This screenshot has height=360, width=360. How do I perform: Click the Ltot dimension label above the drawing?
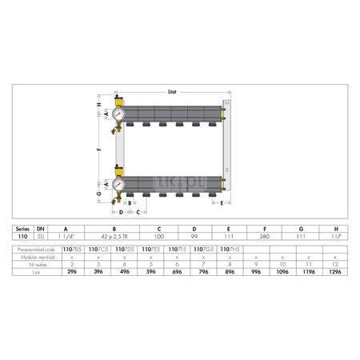pos(171,92)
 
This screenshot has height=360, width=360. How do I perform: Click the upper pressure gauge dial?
pos(118,114)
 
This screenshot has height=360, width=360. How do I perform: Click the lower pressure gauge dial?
pos(118,183)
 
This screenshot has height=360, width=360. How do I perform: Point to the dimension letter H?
pos(98,105)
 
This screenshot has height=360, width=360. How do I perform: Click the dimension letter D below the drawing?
pos(121,212)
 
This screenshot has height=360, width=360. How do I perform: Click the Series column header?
pos(26,230)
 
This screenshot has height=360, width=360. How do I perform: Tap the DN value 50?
pos(40,238)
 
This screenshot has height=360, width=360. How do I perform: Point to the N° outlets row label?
pos(31,265)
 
